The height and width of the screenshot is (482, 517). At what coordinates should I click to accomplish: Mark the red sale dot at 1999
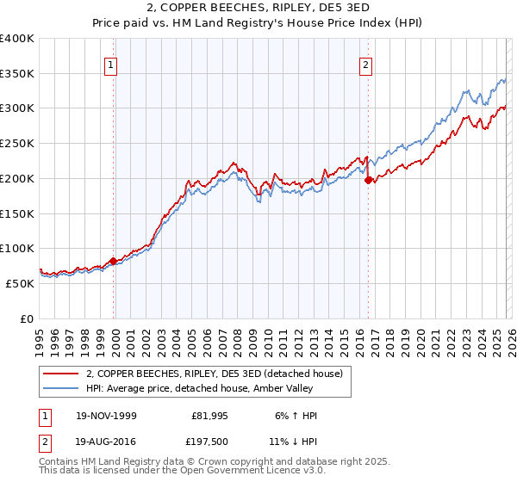113,261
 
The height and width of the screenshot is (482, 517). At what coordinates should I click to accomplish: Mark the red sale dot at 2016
368,180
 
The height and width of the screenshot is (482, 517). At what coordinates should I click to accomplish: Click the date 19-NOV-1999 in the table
106,416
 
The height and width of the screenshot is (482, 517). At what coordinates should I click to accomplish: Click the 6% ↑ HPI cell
298,416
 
